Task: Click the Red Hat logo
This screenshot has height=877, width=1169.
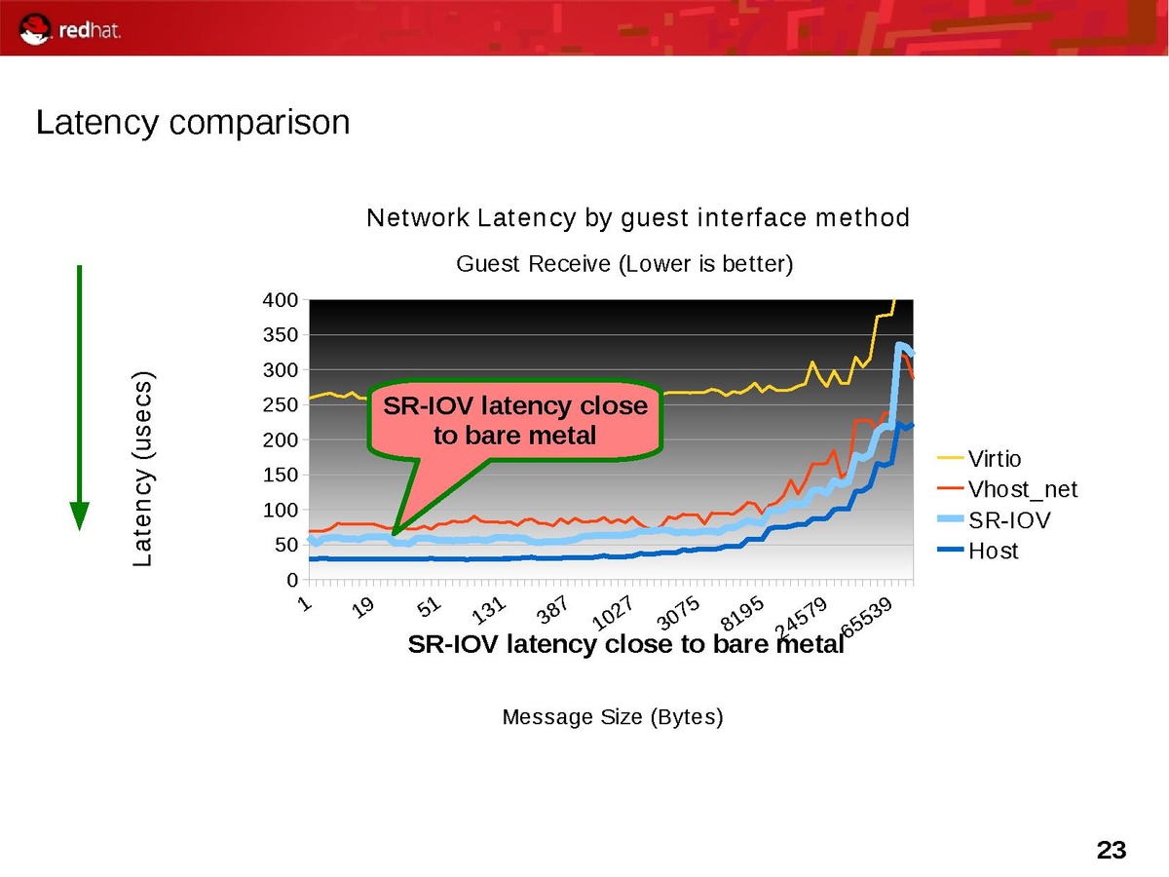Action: pyautogui.click(x=71, y=29)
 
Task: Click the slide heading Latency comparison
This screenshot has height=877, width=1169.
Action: pyautogui.click(x=192, y=123)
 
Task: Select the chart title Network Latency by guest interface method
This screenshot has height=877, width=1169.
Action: pyautogui.click(x=637, y=218)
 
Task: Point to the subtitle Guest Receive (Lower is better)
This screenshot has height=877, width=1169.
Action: pyautogui.click(x=624, y=263)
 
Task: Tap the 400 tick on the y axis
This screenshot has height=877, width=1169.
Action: pyautogui.click(x=281, y=300)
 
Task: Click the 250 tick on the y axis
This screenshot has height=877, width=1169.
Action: pyautogui.click(x=281, y=405)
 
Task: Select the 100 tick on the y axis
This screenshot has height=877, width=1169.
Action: pyautogui.click(x=281, y=511)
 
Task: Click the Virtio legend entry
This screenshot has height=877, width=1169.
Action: pyautogui.click(x=994, y=458)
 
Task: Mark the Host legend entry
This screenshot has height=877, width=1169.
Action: pyautogui.click(x=993, y=552)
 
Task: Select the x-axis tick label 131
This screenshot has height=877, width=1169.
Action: pyautogui.click(x=489, y=611)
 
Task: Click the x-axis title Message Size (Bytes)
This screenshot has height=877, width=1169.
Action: pyautogui.click(x=613, y=718)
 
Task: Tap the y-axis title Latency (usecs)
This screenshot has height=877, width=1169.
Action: pyautogui.click(x=143, y=469)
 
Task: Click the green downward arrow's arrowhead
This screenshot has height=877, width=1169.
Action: pyautogui.click(x=80, y=515)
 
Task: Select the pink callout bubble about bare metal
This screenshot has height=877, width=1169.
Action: pyautogui.click(x=515, y=419)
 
